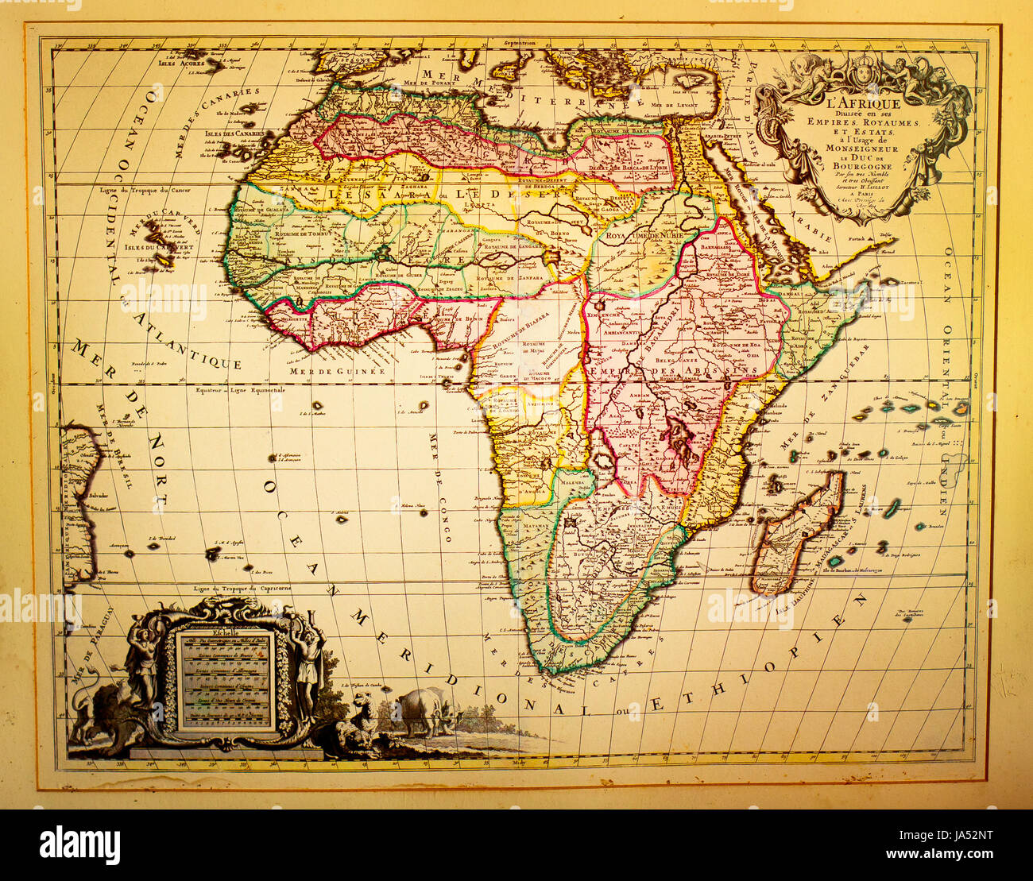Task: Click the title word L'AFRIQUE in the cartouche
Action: click(x=862, y=102)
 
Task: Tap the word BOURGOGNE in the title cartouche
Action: click(x=862, y=167)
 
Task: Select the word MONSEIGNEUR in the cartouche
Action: click(x=862, y=149)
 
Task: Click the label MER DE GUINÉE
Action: click(x=337, y=371)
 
